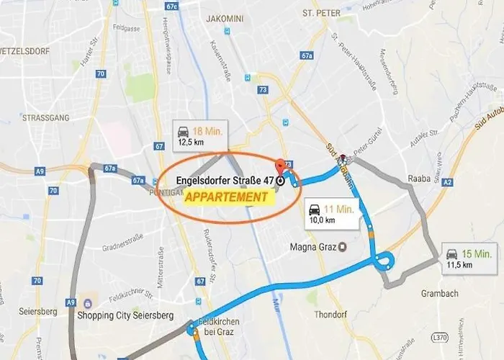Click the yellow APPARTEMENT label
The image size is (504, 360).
(226, 197)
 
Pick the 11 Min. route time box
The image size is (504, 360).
(330, 215)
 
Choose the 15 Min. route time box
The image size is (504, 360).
(469, 258)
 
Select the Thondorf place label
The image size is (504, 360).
(331, 314)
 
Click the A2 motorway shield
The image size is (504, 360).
(447, 183)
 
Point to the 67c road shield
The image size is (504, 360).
(171, 6)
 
